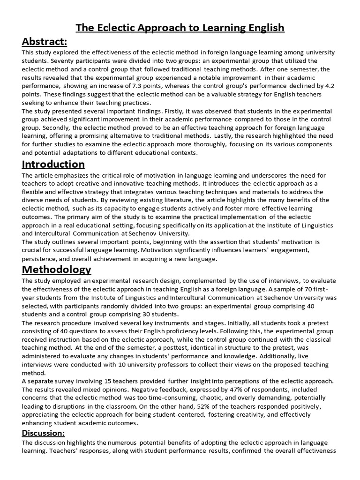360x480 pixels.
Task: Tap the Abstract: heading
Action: (45, 42)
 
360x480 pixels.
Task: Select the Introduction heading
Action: (53, 164)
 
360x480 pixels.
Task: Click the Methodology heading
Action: (57, 270)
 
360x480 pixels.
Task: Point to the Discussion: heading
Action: (44, 433)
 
